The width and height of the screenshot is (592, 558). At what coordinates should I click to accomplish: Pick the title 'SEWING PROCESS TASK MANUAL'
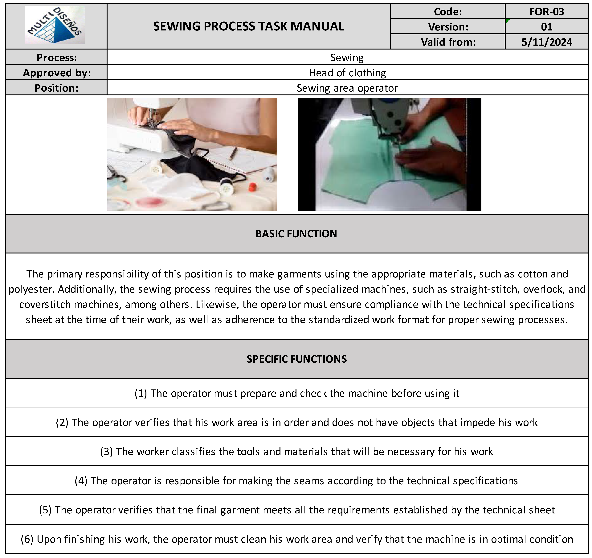(x=249, y=26)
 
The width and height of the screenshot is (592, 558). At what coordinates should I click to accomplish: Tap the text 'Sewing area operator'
(x=347, y=88)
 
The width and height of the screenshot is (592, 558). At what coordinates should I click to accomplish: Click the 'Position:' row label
(x=57, y=88)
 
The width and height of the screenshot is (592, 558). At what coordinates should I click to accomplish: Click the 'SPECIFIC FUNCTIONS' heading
(x=297, y=359)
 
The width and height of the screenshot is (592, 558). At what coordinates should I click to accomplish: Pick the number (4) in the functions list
(x=81, y=481)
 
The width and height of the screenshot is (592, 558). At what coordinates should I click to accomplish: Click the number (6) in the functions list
(x=27, y=539)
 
